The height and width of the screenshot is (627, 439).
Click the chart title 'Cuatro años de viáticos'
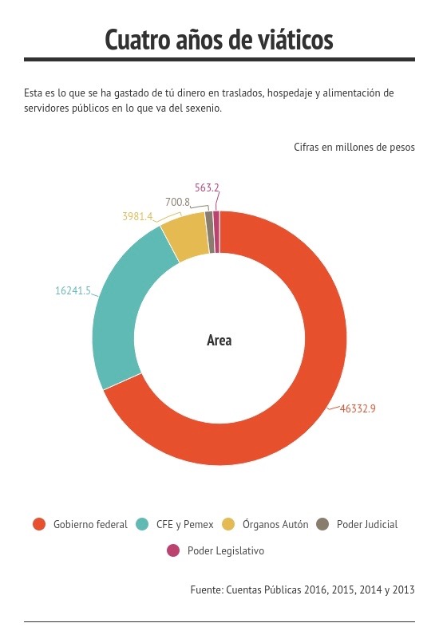pyautogui.click(x=219, y=40)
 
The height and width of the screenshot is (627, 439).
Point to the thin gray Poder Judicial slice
pyautogui.click(x=209, y=232)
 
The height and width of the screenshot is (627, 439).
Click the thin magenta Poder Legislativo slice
pyautogui.click(x=216, y=232)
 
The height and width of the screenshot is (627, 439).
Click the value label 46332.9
pyautogui.click(x=358, y=408)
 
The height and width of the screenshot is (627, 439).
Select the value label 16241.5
pyautogui.click(x=73, y=290)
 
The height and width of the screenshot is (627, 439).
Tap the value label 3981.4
pyautogui.click(x=137, y=216)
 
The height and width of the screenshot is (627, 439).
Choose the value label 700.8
pyautogui.click(x=177, y=202)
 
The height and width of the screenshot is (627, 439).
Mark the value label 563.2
pyautogui.click(x=207, y=187)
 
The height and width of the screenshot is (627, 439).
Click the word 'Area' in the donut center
pyautogui.click(x=219, y=341)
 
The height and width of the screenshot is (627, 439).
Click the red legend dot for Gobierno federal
pyautogui.click(x=39, y=524)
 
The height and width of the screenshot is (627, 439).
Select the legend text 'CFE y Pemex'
pyautogui.click(x=185, y=524)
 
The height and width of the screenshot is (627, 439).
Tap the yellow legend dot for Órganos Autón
pyautogui.click(x=228, y=524)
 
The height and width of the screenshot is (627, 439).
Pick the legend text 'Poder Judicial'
pyautogui.click(x=367, y=524)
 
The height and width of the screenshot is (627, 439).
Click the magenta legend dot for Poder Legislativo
pyautogui.click(x=173, y=550)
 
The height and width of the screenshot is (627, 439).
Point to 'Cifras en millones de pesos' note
pyautogui.click(x=354, y=147)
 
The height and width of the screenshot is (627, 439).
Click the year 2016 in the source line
pyautogui.click(x=316, y=590)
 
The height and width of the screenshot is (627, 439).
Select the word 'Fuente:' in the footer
pyautogui.click(x=207, y=590)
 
